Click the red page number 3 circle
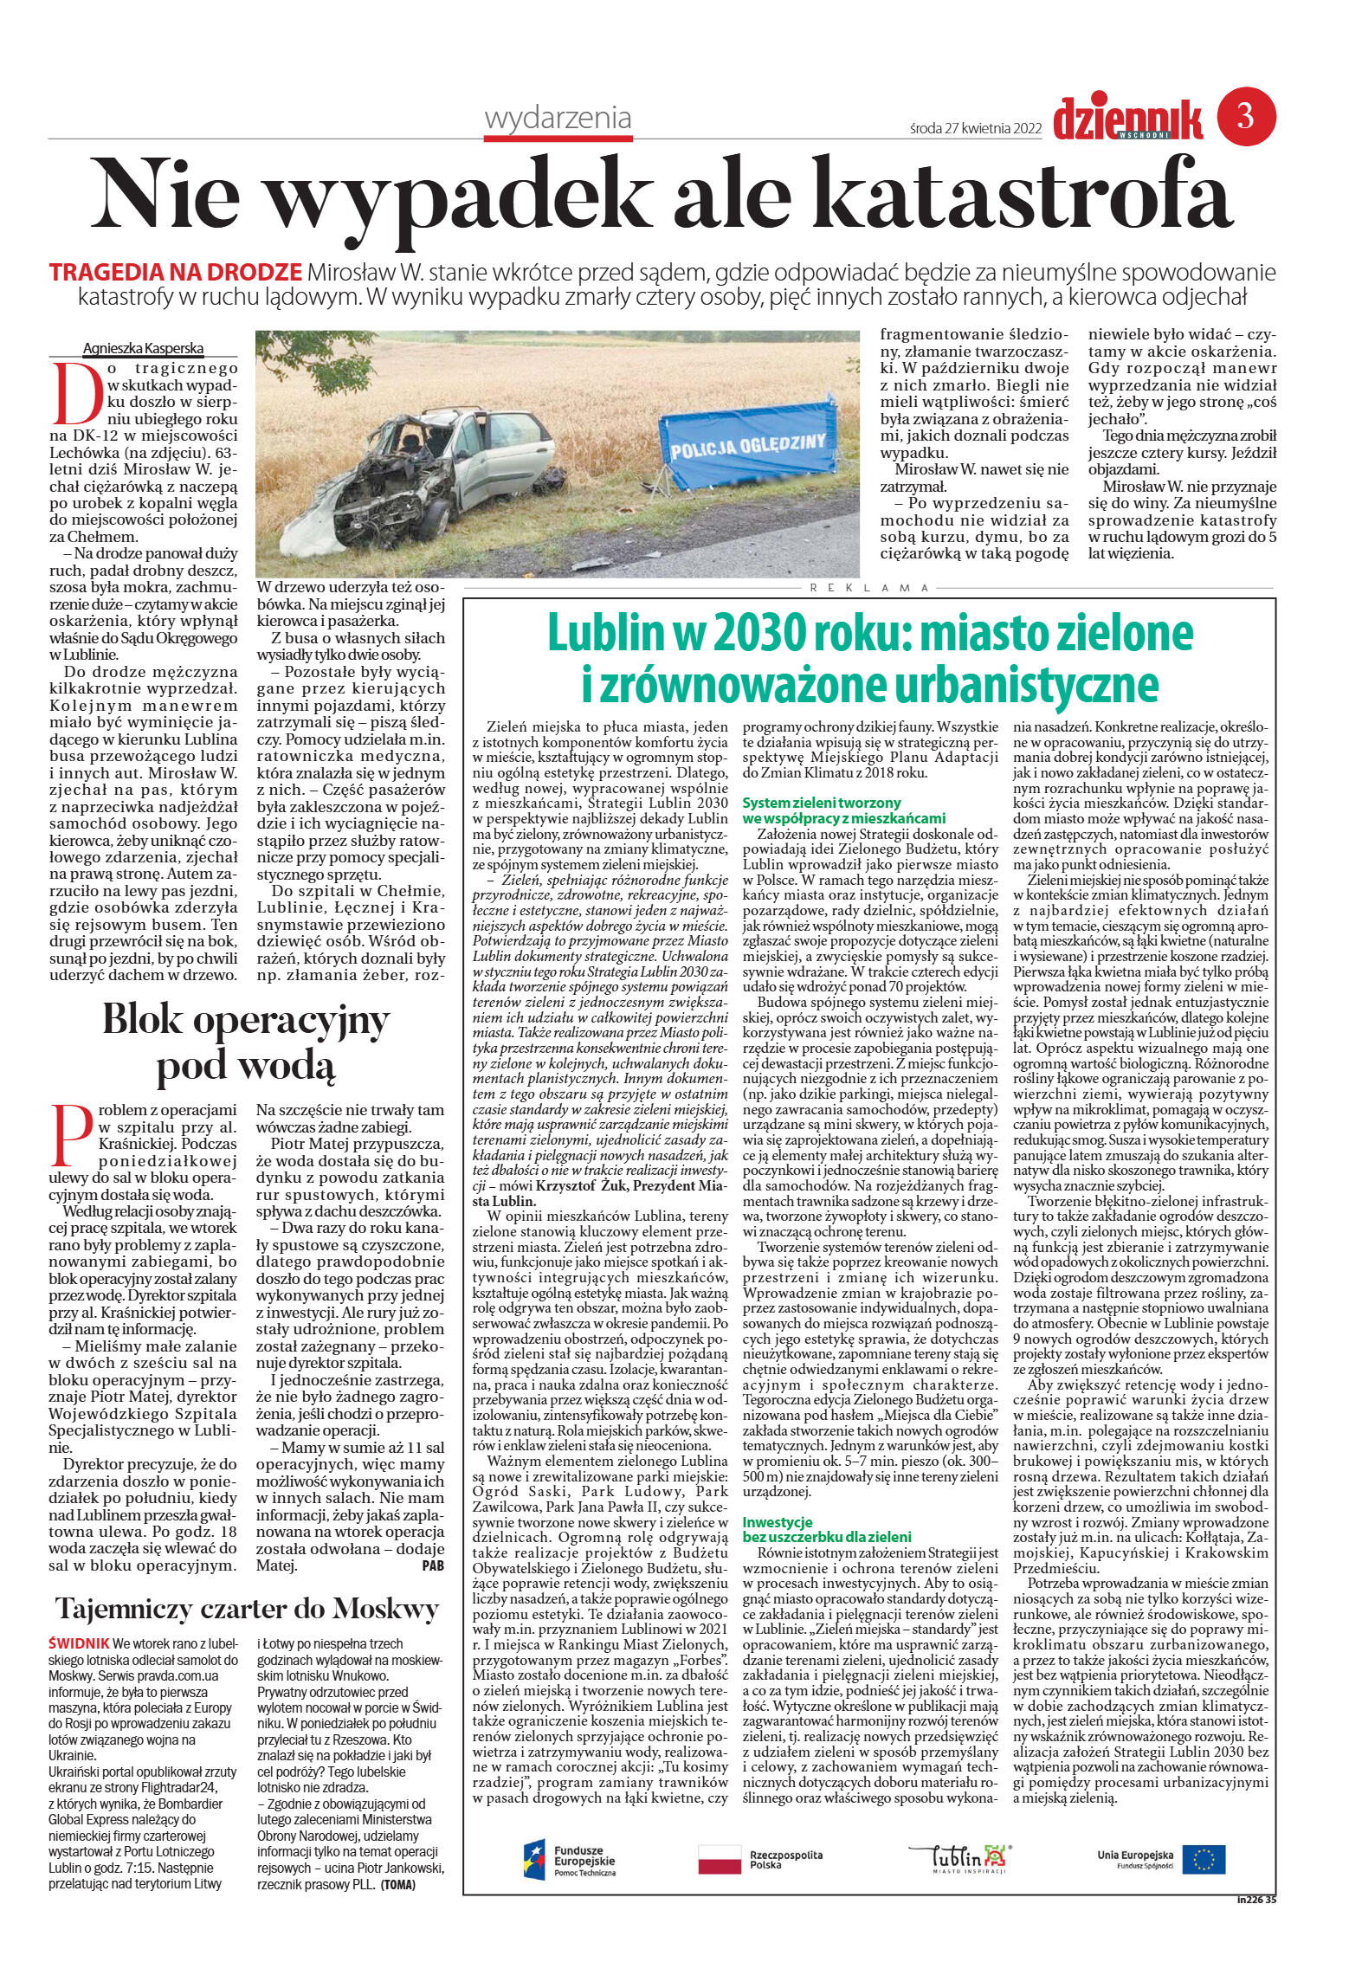pos(1246,118)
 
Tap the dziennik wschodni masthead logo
pos(1127,120)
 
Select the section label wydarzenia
pos(558,118)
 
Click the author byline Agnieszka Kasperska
pos(143,348)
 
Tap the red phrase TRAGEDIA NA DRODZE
pos(176,271)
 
